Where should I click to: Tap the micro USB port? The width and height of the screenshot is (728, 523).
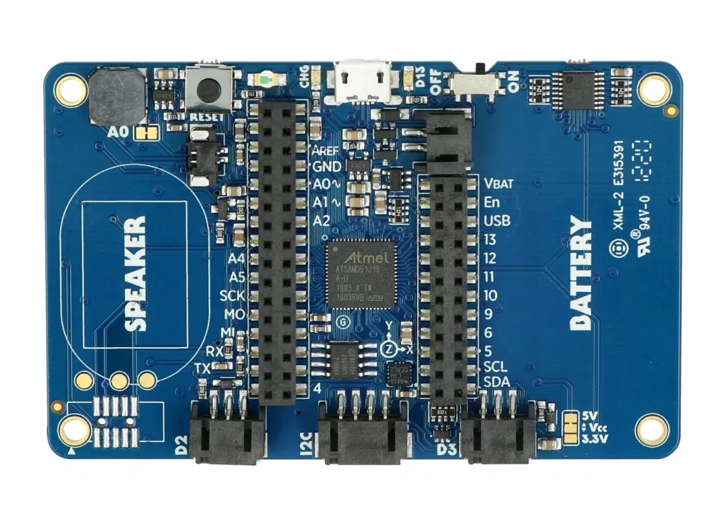click(x=363, y=82)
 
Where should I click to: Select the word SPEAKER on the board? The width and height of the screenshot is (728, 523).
click(x=135, y=273)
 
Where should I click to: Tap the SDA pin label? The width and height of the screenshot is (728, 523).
click(x=496, y=383)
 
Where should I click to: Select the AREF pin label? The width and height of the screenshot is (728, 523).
click(x=326, y=149)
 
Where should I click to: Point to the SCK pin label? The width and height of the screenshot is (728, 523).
click(x=233, y=295)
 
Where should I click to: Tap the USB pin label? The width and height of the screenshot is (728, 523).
click(x=497, y=220)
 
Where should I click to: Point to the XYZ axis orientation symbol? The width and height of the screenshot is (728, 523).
click(x=396, y=344)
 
